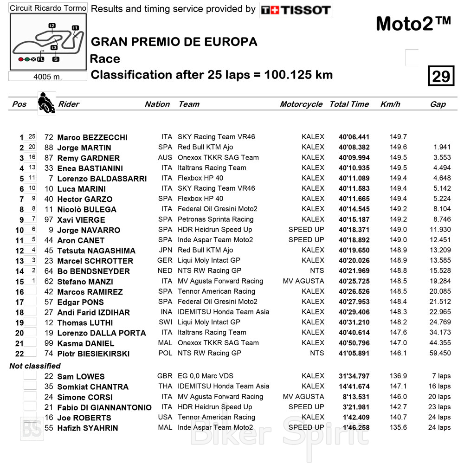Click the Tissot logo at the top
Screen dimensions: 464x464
pyautogui.click(x=296, y=10)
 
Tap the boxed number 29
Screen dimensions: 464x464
pyautogui.click(x=440, y=76)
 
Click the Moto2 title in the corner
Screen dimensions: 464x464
pyautogui.click(x=413, y=24)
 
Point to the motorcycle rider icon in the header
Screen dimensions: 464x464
pyautogui.click(x=46, y=103)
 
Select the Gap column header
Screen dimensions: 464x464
pyautogui.click(x=438, y=104)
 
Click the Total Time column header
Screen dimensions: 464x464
pyautogui.click(x=349, y=104)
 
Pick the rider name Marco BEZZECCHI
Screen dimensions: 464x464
pyautogui.click(x=92, y=137)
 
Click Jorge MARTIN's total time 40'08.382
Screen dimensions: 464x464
pyautogui.click(x=354, y=148)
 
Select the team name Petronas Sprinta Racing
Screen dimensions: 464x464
pyautogui.click(x=215, y=219)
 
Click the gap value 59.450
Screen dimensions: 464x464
pyautogui.click(x=440, y=353)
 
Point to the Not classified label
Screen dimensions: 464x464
pyautogui.click(x=35, y=366)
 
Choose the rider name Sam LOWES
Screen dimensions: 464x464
pyautogui.click(x=81, y=376)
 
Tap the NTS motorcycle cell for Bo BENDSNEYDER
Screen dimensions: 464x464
pyautogui.click(x=317, y=271)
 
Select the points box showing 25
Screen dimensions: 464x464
pyautogui.click(x=32, y=137)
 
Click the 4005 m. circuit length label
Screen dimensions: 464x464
pyautogui.click(x=48, y=77)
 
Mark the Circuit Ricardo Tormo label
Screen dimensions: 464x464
pyautogui.click(x=48, y=8)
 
